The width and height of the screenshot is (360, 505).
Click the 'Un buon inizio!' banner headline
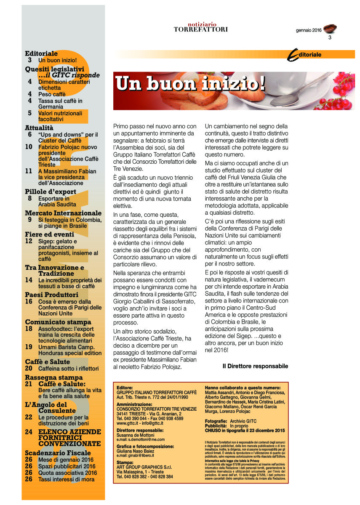pos(190,83)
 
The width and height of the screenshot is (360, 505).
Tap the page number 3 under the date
pos(330,38)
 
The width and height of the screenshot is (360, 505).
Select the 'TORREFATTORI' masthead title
pos(201,29)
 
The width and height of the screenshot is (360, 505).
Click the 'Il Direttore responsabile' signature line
pos(255,366)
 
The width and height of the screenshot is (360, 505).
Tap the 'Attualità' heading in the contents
pos(39,128)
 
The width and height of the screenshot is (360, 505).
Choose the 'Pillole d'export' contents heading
pos(51,192)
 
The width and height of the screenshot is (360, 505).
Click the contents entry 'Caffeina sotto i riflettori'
pos(68,369)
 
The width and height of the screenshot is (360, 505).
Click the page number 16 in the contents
pos(29,301)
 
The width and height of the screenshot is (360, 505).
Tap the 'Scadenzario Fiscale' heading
pos(58,453)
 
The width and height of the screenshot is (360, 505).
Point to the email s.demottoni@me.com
pos(141,439)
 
